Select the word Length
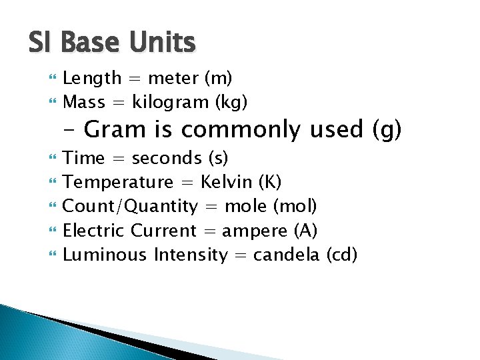[92, 79]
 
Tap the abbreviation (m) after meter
[219, 79]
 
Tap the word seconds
[167, 159]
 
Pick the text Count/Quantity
[130, 207]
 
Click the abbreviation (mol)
[299, 207]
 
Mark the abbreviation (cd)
[342, 255]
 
